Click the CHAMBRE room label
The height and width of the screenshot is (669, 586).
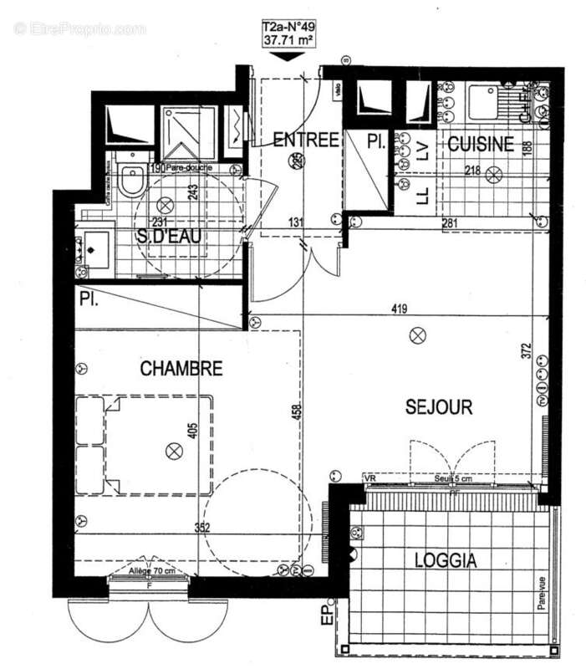point(181,368)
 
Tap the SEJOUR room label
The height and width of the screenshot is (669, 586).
point(439,407)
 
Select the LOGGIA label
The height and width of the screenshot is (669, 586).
point(446,561)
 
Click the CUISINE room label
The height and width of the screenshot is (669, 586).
point(480,145)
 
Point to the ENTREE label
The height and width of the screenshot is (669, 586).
point(306,140)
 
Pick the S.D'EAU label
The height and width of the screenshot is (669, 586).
point(171,237)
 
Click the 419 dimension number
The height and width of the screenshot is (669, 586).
point(399,309)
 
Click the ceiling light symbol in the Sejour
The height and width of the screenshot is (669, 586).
point(417,336)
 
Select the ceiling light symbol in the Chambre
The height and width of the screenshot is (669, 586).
point(174,452)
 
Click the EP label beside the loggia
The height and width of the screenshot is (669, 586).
point(327,618)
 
